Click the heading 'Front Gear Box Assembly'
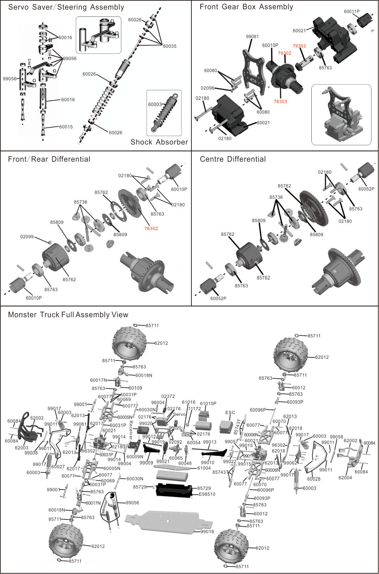[x=246, y=7]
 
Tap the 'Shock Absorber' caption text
[x=159, y=142]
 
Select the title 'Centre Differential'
[x=233, y=159]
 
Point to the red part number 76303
[x=280, y=101]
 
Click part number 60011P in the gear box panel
[x=352, y=12]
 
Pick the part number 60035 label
[x=169, y=46]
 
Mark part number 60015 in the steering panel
[x=66, y=127]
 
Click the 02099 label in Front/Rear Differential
[x=27, y=237]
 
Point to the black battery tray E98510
[x=174, y=490]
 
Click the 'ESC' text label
[x=230, y=412]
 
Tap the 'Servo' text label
[x=179, y=414]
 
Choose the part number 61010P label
[x=208, y=403]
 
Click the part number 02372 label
[x=168, y=396]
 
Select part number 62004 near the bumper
[x=345, y=478]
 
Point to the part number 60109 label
[x=135, y=388]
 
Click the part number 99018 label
[x=207, y=531]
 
